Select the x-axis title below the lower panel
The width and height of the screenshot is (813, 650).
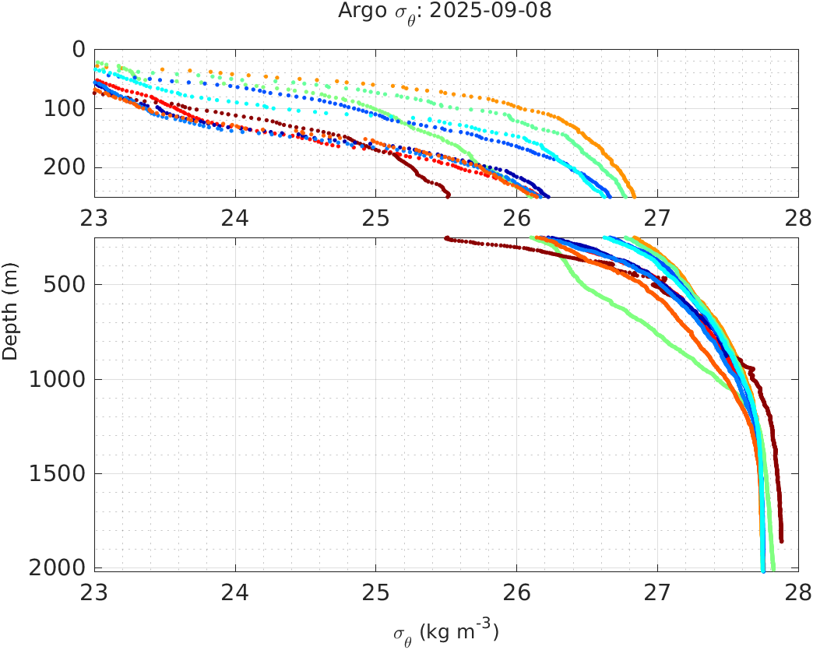pyautogui.click(x=445, y=631)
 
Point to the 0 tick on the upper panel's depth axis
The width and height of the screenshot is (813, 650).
pyautogui.click(x=78, y=49)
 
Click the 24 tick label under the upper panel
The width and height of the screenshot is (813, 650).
pyautogui.click(x=235, y=220)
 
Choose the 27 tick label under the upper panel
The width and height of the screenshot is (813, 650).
pyautogui.click(x=657, y=220)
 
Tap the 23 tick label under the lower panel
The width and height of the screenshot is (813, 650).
pyautogui.click(x=95, y=593)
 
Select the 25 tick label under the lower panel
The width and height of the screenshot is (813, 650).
pyautogui.click(x=375, y=593)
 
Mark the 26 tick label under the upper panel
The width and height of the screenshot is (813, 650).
pyautogui.click(x=517, y=220)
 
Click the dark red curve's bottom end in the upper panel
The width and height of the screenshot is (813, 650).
pyautogui.click(x=448, y=195)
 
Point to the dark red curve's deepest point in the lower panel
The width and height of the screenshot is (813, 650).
pyautogui.click(x=781, y=540)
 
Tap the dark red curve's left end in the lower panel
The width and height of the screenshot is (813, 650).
pyautogui.click(x=446, y=238)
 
